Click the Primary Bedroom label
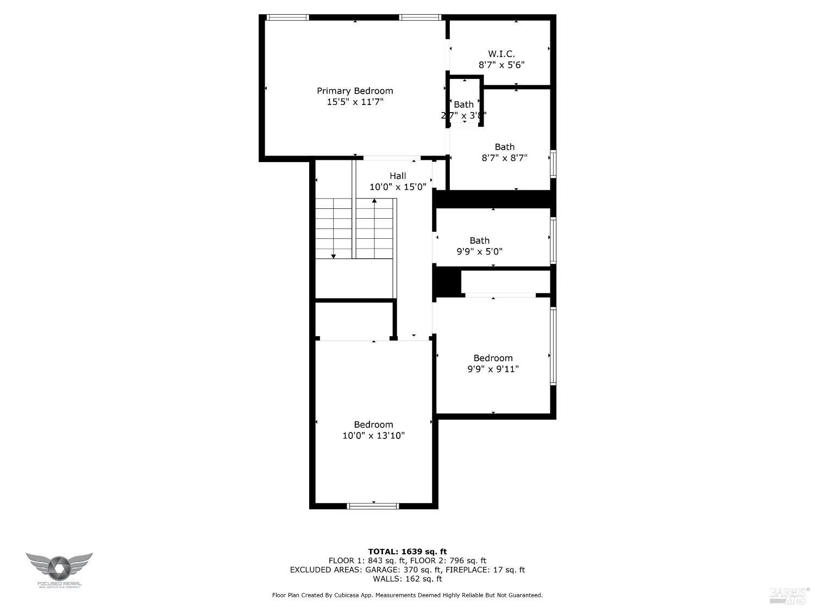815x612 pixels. click(x=355, y=91)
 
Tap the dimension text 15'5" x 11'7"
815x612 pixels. click(x=355, y=102)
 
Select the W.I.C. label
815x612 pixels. click(x=501, y=54)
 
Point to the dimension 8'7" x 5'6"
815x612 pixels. click(x=501, y=65)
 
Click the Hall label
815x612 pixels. click(x=398, y=176)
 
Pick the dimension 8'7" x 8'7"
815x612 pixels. click(x=504, y=158)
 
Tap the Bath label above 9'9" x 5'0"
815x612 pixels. click(x=479, y=240)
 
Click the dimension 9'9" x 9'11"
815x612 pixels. click(x=493, y=369)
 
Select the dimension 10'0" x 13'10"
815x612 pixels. click(x=373, y=436)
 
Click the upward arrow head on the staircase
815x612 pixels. click(x=374, y=201)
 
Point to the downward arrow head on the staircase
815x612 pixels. click(x=334, y=256)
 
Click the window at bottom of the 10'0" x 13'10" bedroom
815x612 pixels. click(x=373, y=506)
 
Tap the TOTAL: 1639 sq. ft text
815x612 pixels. click(x=407, y=552)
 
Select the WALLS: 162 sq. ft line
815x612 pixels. click(x=407, y=579)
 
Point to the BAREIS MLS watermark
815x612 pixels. click(x=789, y=595)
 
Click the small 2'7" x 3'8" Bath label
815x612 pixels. click(x=463, y=104)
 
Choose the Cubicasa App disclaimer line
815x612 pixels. click(x=407, y=595)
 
